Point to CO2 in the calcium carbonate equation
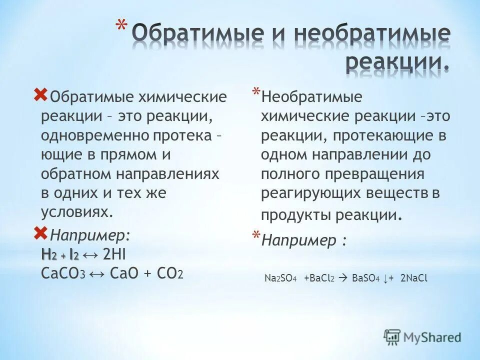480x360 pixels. (x=170, y=273)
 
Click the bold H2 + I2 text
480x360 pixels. (x=60, y=255)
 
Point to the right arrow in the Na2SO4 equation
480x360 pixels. (x=341, y=278)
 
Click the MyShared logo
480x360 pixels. (x=422, y=337)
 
